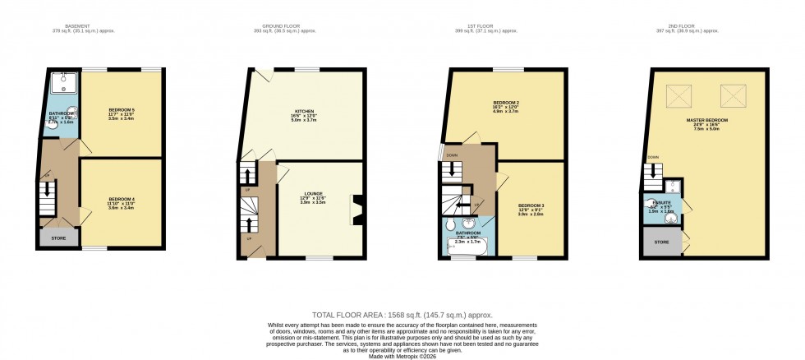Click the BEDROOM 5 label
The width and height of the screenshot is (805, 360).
[122, 109]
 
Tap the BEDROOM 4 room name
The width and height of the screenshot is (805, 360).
[122, 199]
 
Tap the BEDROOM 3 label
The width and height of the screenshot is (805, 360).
[530, 205]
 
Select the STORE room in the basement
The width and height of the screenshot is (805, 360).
[58, 238]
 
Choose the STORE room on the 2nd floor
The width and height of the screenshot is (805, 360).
[661, 242]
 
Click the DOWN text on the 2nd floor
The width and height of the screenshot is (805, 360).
[652, 157]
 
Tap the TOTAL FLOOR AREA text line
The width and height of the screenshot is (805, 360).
[402, 315]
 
